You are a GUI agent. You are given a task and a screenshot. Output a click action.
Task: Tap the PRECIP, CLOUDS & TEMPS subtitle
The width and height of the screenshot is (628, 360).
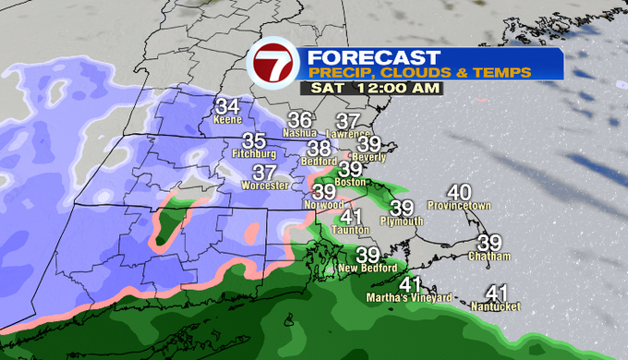pyautogui.click(x=419, y=71)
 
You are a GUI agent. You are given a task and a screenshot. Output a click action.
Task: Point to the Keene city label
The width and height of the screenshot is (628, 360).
pyautogui.click(x=227, y=120)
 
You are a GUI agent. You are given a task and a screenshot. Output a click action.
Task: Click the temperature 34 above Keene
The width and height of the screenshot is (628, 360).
pyautogui.click(x=227, y=106)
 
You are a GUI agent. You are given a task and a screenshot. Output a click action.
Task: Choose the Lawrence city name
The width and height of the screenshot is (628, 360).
pyautogui.click(x=348, y=134)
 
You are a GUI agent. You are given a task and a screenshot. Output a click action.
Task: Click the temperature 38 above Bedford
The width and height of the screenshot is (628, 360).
pyautogui.click(x=320, y=148)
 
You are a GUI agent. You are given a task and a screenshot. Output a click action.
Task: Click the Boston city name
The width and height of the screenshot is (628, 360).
pyautogui.click(x=350, y=182)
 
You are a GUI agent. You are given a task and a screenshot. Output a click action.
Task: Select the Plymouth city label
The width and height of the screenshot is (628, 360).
pyautogui.click(x=401, y=222)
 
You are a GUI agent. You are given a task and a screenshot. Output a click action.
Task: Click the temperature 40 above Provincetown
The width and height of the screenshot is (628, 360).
pyautogui.click(x=459, y=191)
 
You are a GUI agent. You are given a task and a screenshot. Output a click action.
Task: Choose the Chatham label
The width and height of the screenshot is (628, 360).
pyautogui.click(x=489, y=256)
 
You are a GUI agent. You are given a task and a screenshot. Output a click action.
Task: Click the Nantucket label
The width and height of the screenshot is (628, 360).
pyautogui.click(x=496, y=306)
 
